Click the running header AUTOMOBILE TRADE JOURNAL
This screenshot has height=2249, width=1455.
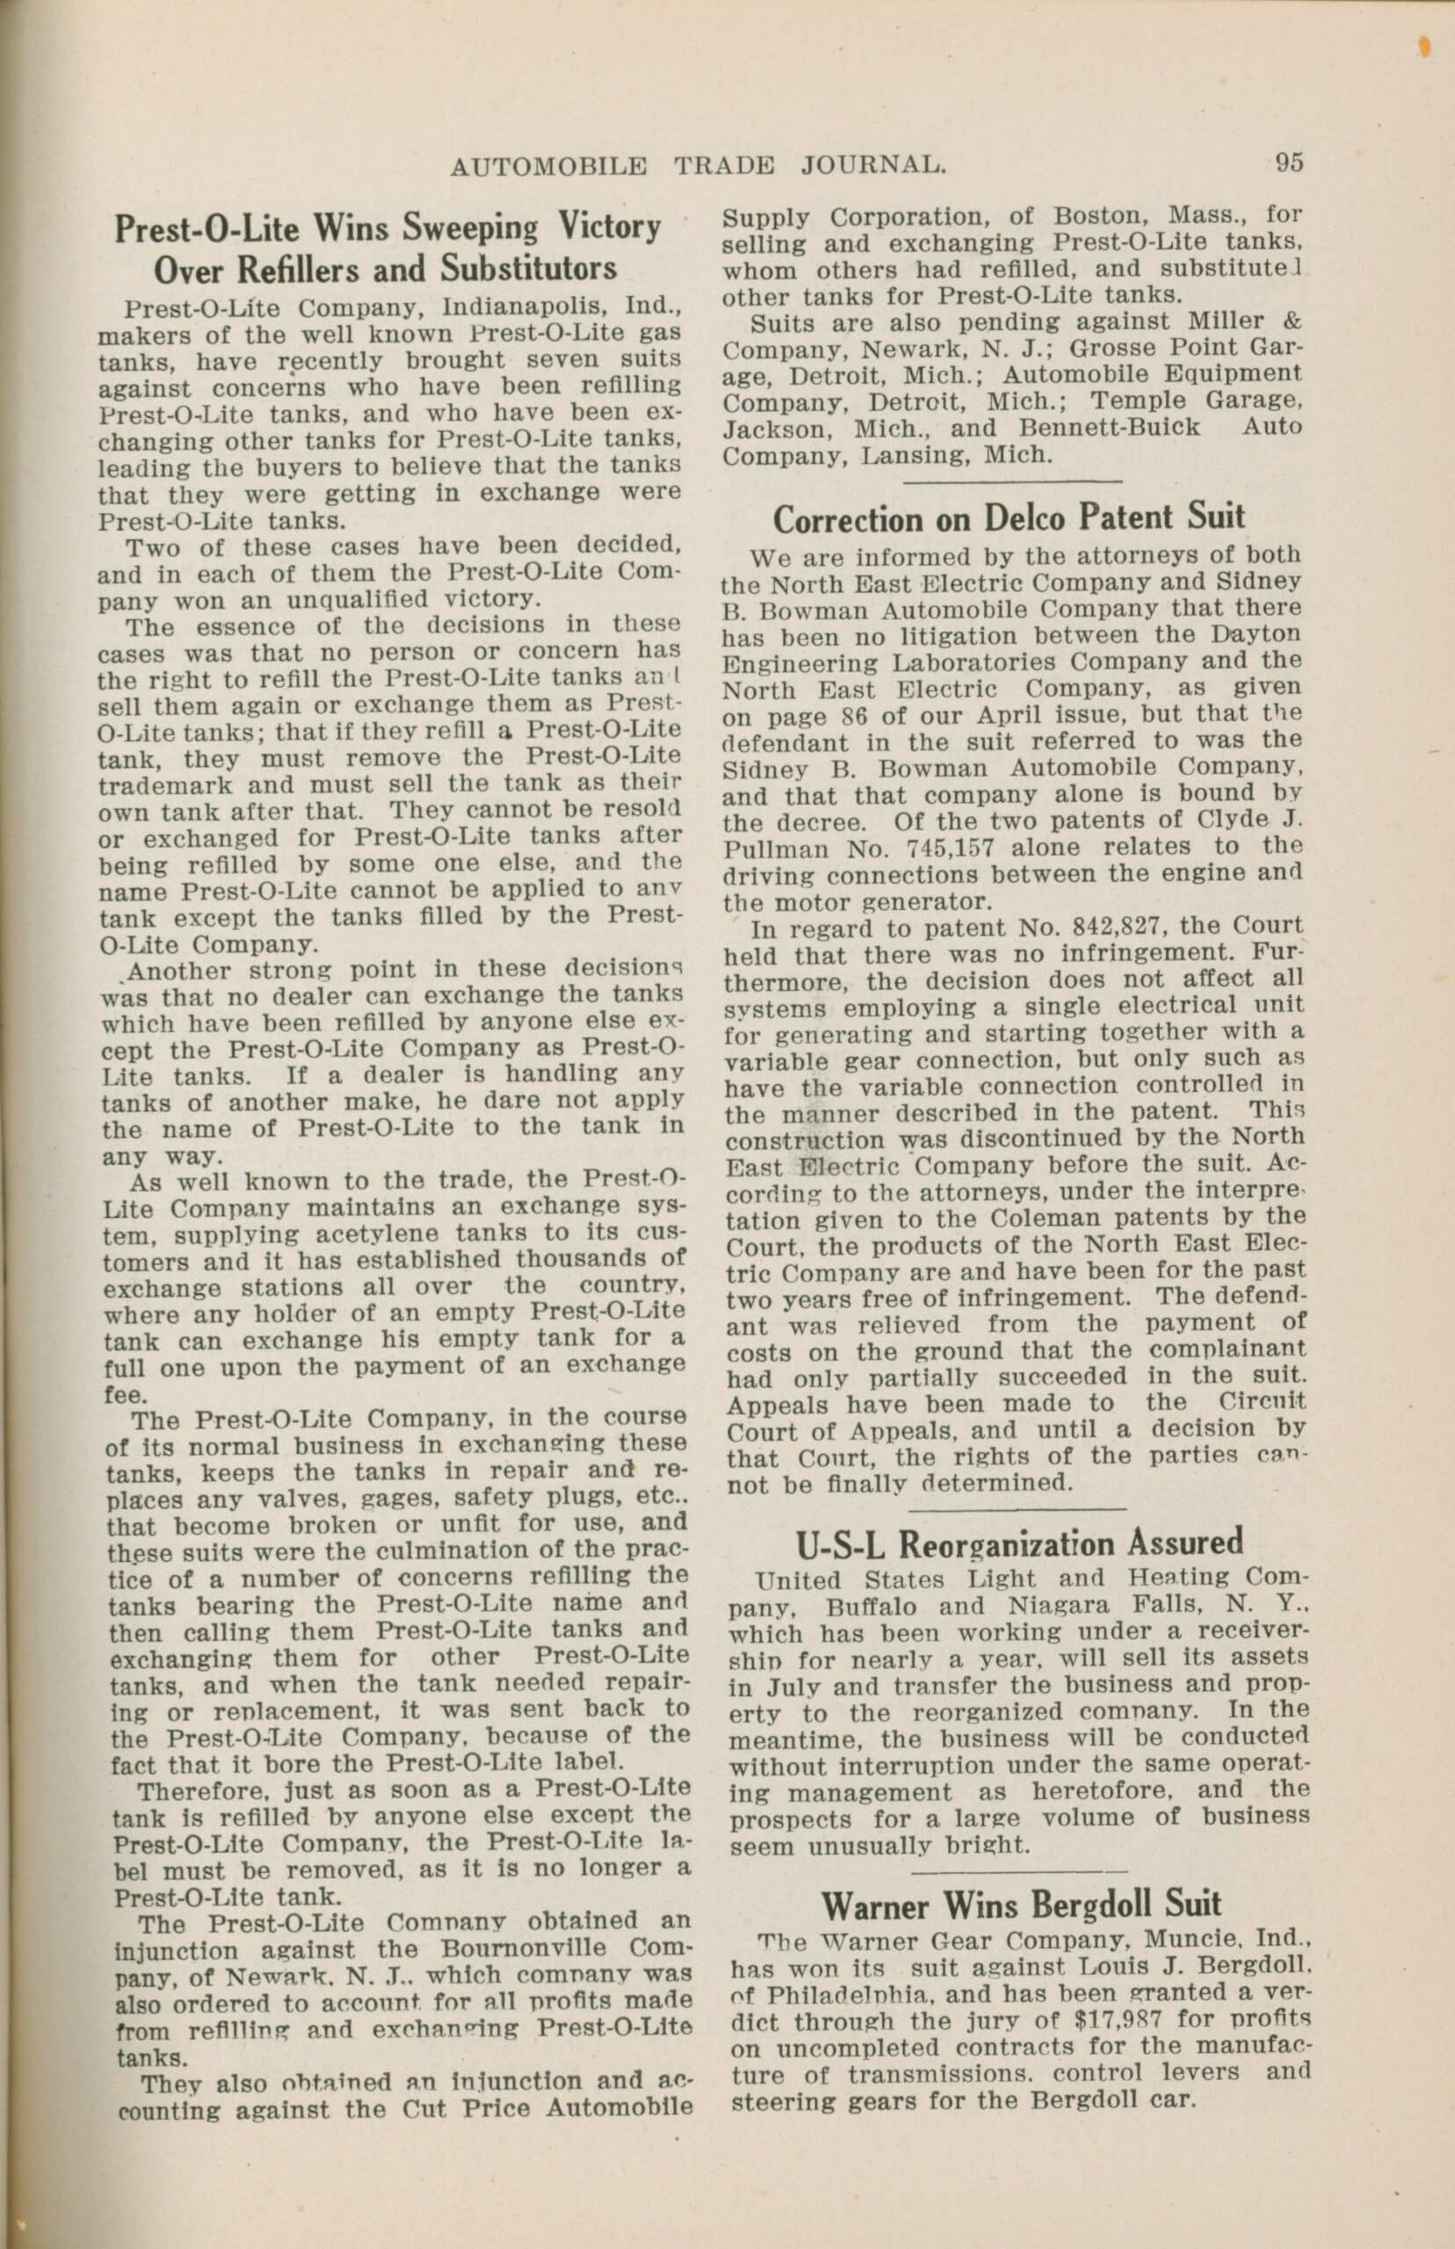click(699, 166)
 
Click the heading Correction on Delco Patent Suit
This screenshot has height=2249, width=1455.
click(1009, 518)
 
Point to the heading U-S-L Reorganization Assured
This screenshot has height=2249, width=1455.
click(1019, 1544)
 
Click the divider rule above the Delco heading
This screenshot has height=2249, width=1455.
click(1011, 481)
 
